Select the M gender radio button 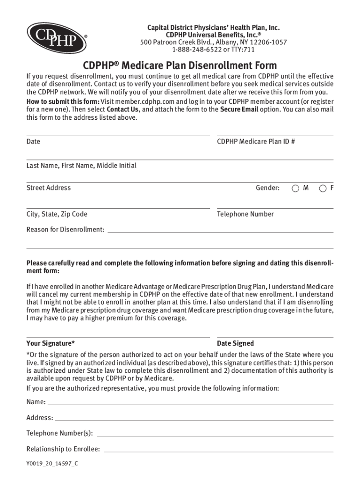pyautogui.click(x=295, y=188)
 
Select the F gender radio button pyautogui.click(x=323, y=188)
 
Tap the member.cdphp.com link pyautogui.click(x=144, y=102)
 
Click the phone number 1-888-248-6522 pyautogui.click(x=195, y=50)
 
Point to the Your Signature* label pyautogui.click(x=50, y=343)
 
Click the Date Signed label pyautogui.click(x=236, y=343)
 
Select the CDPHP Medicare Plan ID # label pyautogui.click(x=256, y=141)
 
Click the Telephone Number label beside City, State pyautogui.click(x=245, y=214)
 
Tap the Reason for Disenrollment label pyautogui.click(x=65, y=229)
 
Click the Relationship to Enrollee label pyautogui.click(x=63, y=449)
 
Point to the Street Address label pyautogui.click(x=49, y=188)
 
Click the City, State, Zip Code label pyautogui.click(x=57, y=214)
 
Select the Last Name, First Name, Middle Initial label pyautogui.click(x=81, y=166)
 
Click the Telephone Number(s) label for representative pyautogui.click(x=59, y=433)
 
